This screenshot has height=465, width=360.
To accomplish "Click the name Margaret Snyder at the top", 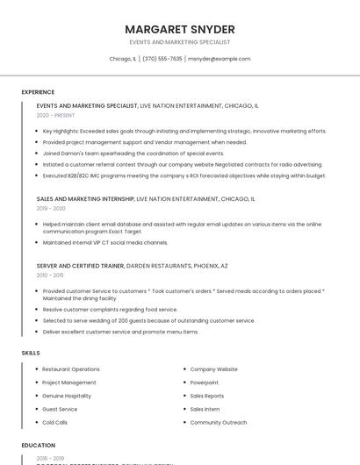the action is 179,29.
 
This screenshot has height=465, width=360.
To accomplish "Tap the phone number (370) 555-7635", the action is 162,59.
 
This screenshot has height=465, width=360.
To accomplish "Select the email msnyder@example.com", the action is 220,59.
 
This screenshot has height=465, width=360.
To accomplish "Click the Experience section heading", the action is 38,92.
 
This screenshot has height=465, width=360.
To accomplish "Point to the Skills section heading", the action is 31,353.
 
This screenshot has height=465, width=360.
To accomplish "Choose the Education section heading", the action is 39,445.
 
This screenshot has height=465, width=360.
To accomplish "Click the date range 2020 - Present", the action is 55,115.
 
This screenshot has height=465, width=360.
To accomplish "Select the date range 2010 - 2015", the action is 51,275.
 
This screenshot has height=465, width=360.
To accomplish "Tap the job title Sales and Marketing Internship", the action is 85,199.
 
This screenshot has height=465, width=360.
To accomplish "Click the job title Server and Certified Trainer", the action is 80,265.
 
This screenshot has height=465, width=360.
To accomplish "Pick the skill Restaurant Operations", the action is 71,369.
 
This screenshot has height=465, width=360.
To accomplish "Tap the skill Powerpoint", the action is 205,383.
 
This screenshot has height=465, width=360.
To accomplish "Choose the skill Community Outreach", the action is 219,422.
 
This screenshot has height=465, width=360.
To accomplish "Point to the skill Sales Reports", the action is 207,396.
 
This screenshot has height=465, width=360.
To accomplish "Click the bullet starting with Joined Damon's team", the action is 133,153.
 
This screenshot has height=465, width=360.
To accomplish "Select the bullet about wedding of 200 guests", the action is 148,320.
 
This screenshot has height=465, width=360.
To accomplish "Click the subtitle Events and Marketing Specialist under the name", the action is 179,42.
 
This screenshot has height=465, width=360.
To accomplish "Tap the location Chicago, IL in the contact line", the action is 123,59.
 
